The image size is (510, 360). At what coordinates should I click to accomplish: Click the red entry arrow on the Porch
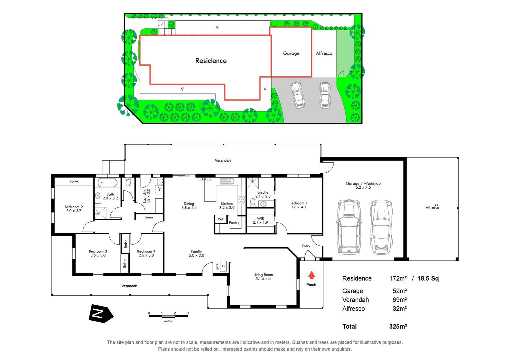click(311, 275)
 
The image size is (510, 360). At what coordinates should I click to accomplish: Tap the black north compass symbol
click(100, 314)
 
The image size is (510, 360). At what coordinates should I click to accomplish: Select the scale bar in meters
click(168, 316)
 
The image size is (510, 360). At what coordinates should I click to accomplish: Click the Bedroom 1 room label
click(298, 205)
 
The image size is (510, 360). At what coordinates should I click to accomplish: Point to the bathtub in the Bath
click(107, 183)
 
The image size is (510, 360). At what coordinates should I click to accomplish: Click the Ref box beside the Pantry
click(220, 219)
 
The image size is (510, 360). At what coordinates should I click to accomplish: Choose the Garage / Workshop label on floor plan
click(363, 185)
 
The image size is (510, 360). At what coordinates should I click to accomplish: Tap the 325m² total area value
click(398, 327)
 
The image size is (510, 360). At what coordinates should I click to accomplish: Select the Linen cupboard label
click(149, 217)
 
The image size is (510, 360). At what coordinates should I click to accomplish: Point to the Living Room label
click(263, 277)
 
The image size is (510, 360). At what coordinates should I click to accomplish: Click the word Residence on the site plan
click(211, 61)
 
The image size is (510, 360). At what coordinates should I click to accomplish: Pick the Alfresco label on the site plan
click(324, 53)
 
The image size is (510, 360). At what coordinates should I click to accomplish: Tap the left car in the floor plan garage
click(349, 227)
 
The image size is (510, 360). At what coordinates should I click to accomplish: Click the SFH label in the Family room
click(217, 266)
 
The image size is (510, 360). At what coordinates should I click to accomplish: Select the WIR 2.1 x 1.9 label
click(260, 220)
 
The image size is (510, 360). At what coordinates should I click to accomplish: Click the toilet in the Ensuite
click(252, 203)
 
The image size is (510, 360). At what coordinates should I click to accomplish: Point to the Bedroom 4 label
click(146, 253)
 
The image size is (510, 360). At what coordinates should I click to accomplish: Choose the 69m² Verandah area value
click(399, 300)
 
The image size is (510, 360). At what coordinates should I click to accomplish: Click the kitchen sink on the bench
click(226, 181)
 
